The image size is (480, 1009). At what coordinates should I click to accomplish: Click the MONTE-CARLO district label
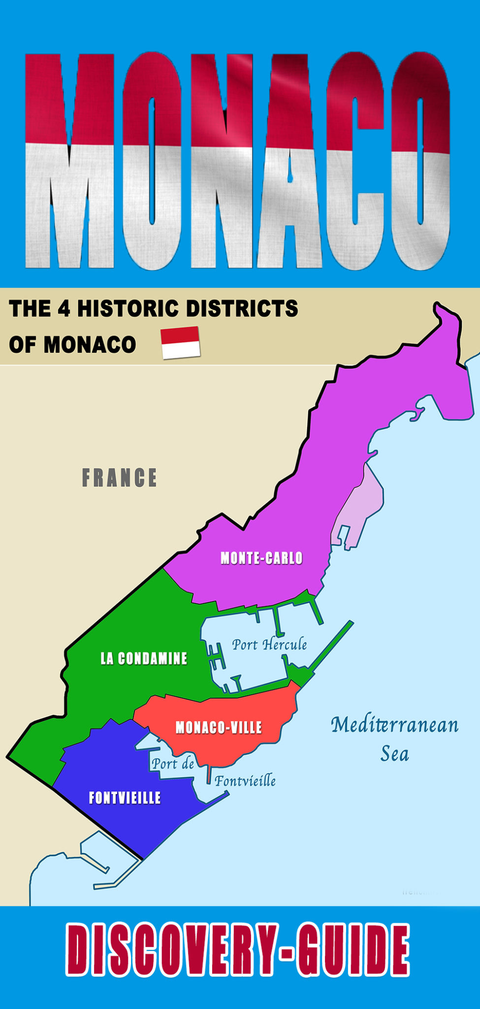tap(261, 558)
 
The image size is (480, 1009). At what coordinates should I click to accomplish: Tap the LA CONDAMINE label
tap(144, 658)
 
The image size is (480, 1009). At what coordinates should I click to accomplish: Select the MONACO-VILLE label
tap(219, 728)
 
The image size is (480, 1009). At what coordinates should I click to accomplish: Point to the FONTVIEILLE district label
tap(125, 798)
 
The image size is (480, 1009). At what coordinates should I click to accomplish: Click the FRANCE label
tap(119, 478)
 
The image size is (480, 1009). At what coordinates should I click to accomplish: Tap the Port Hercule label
tap(269, 644)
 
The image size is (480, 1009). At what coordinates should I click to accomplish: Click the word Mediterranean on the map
tap(394, 725)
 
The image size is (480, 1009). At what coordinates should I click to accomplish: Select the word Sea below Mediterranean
tap(394, 754)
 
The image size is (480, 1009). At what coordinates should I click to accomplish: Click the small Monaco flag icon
tap(181, 342)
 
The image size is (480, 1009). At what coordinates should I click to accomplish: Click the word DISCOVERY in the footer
tap(169, 951)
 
